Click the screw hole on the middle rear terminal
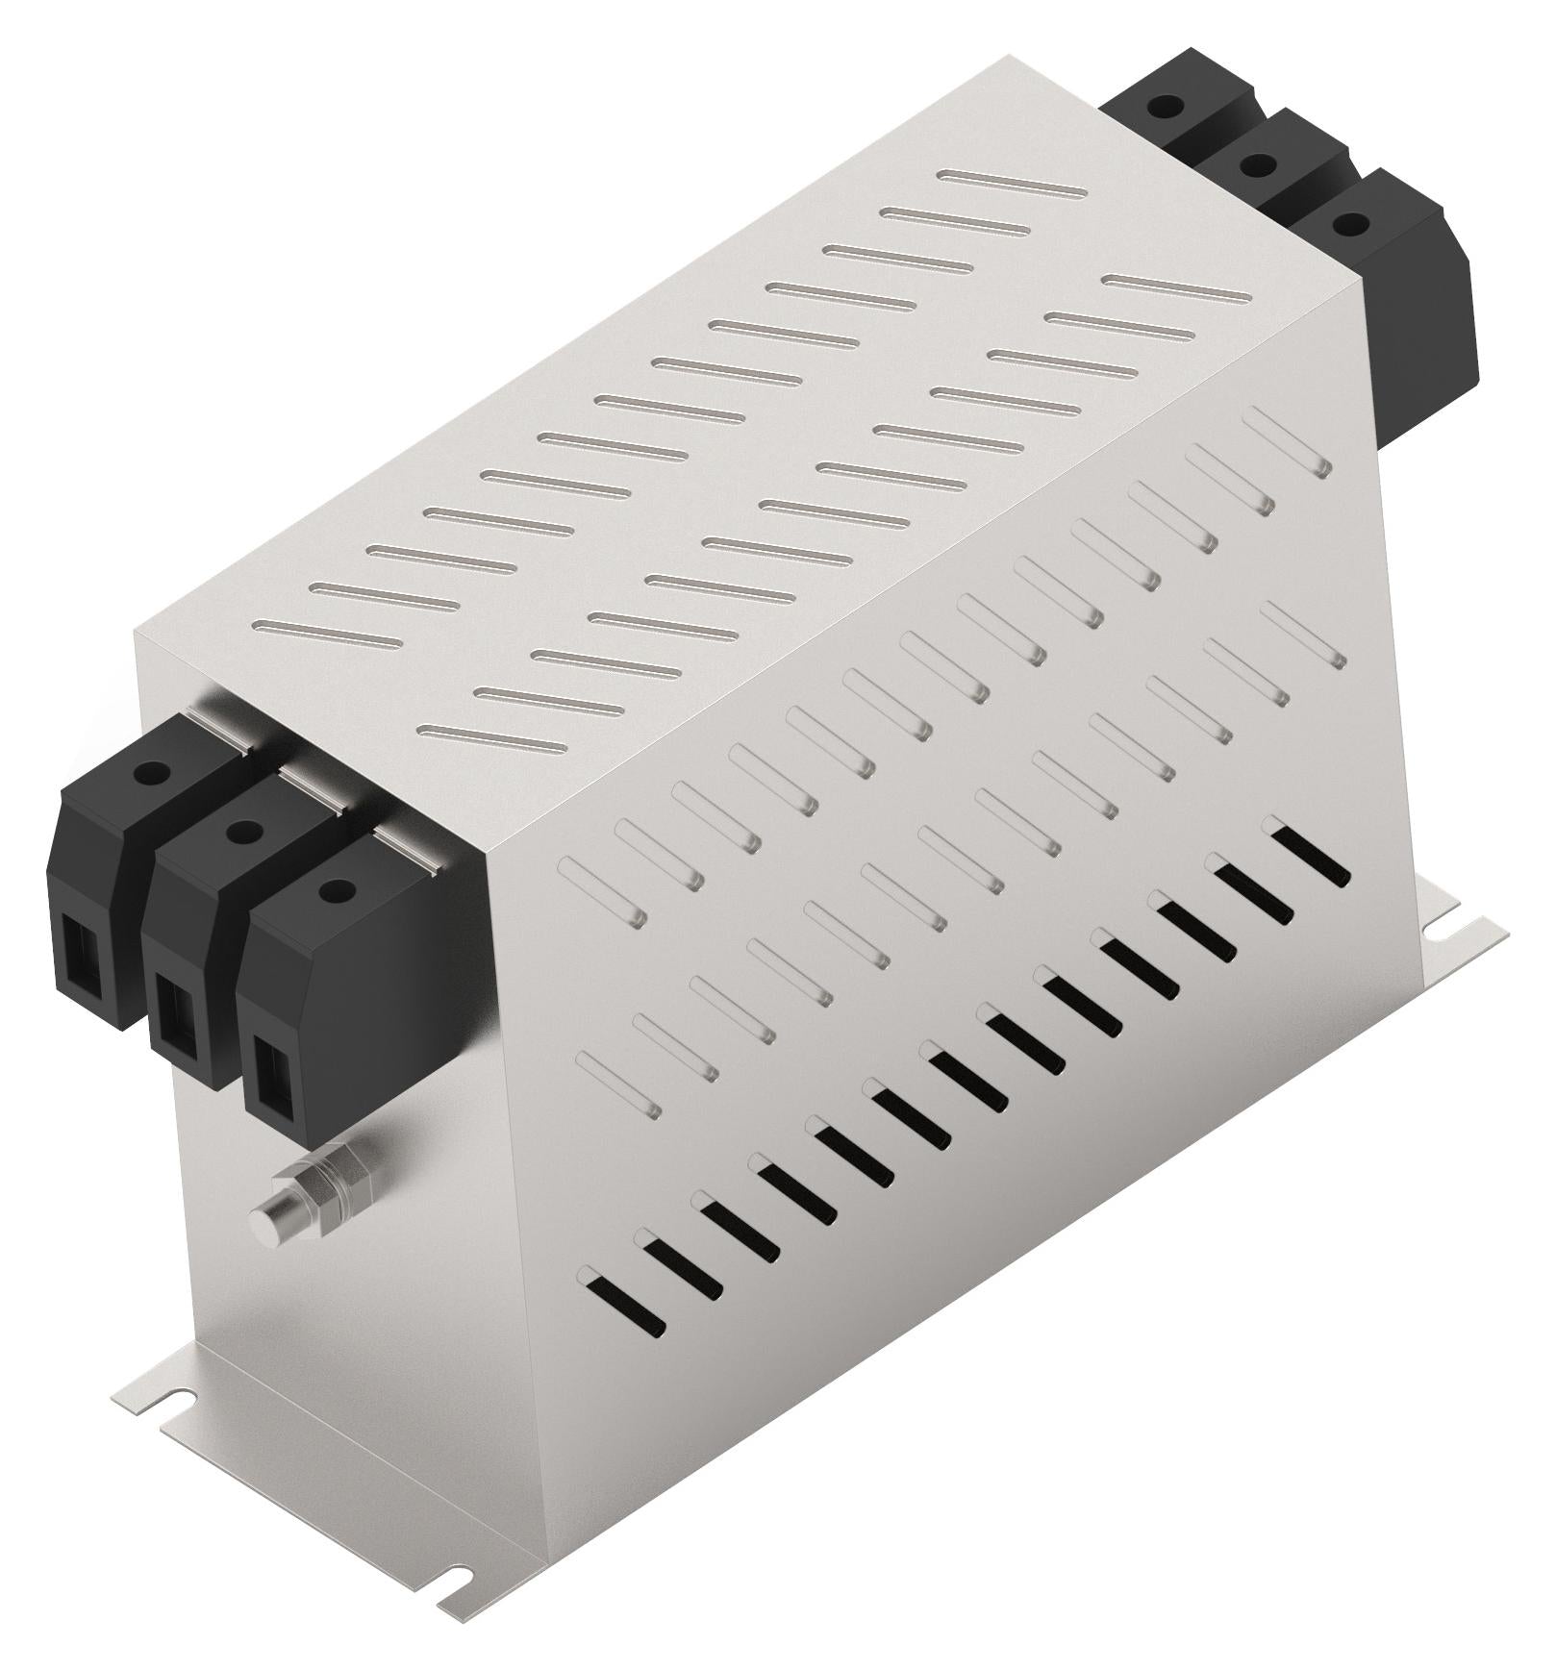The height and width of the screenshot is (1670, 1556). pos(1254,165)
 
